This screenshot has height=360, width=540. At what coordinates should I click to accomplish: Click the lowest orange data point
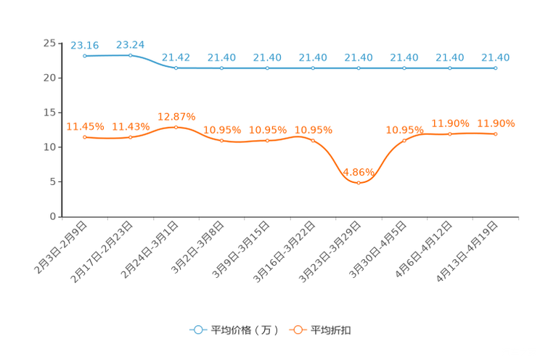359,183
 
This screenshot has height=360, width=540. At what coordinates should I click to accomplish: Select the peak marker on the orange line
176,127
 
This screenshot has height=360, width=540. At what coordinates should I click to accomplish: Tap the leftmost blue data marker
85,56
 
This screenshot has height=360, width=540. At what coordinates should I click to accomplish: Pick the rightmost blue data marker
496,68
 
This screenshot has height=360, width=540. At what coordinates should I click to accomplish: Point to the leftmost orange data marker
85,137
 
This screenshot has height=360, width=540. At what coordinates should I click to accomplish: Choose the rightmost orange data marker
496,134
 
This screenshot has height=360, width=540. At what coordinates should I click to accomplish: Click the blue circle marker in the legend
197,330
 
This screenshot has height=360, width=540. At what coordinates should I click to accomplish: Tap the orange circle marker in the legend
298,330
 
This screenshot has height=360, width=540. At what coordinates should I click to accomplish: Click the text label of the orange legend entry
332,330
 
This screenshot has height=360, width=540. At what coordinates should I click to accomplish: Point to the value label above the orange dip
359,171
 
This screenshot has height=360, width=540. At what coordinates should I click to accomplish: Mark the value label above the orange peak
176,116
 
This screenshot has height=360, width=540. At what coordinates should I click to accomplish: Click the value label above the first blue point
85,45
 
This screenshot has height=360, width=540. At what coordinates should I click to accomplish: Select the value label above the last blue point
496,57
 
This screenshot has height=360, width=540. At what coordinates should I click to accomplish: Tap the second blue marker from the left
131,55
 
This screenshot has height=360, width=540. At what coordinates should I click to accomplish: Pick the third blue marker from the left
176,68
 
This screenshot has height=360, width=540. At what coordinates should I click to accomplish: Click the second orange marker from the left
131,137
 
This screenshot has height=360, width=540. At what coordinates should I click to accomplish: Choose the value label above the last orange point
496,123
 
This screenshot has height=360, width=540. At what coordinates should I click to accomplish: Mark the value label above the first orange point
85,126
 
